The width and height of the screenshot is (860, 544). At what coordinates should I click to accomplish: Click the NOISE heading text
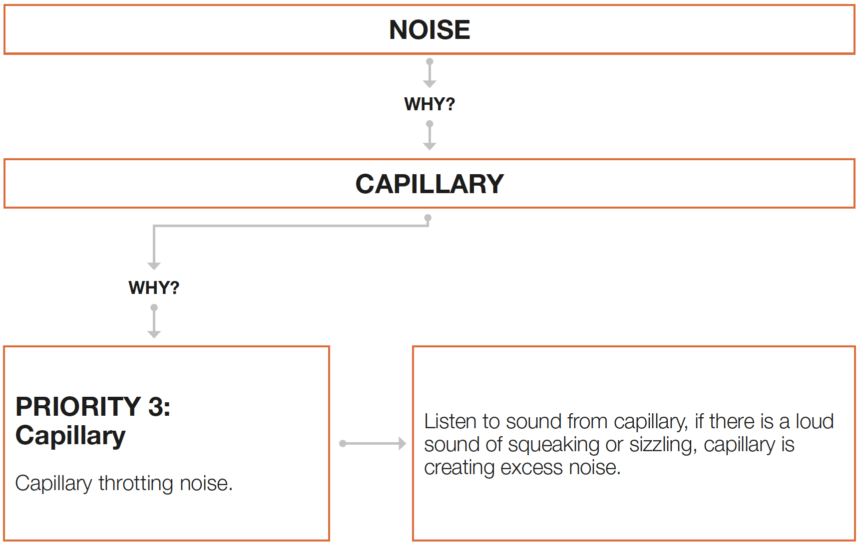pos(430,30)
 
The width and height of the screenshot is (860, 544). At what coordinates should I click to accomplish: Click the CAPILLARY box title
pos(430,184)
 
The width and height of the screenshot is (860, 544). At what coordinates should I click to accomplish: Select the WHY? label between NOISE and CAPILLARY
pos(430,104)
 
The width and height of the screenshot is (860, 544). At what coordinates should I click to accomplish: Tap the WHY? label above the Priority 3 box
pos(154,288)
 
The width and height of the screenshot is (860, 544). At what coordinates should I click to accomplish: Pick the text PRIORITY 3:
pos(93,406)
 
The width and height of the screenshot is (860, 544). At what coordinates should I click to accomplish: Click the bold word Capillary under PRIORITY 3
pos(70,436)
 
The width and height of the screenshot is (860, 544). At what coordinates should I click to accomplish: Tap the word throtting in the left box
pos(136,483)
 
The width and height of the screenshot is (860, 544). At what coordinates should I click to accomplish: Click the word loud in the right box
pos(815,422)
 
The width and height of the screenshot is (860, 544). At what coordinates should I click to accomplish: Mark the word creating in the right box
pos(459,468)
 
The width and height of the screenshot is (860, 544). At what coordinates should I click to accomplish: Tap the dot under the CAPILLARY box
pos(428,218)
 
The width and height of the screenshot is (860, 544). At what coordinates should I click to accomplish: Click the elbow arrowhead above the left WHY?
pos(154,265)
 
